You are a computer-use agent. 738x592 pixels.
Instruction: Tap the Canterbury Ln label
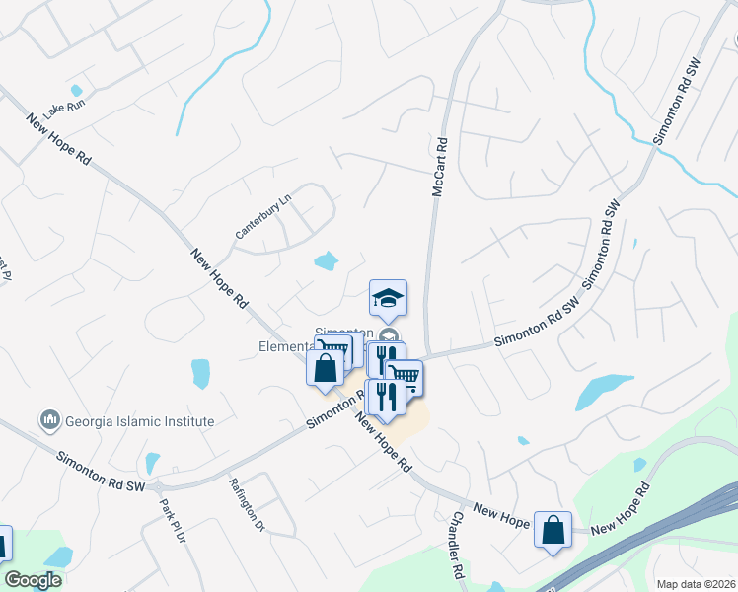coord(264,216)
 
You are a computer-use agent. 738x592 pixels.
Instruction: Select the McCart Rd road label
coord(440,165)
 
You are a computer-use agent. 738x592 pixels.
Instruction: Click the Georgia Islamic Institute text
coord(139,421)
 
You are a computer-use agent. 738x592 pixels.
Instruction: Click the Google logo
coord(33,579)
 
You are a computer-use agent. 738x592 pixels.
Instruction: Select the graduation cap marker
coord(389,298)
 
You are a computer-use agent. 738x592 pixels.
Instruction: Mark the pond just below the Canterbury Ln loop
coord(326,261)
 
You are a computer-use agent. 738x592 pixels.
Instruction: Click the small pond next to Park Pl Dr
coord(153,462)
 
